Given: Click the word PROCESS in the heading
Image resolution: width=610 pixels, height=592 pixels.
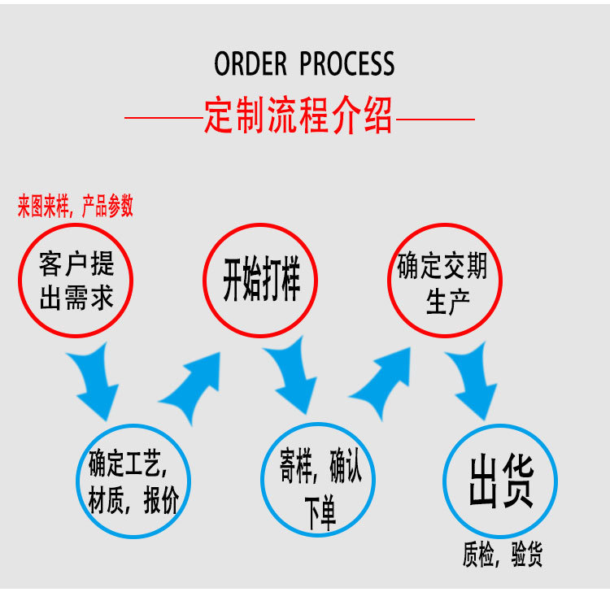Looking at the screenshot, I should [347, 64].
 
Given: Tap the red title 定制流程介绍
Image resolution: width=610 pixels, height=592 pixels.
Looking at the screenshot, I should [298, 117].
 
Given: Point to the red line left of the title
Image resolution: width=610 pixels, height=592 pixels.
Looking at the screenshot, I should [163, 119].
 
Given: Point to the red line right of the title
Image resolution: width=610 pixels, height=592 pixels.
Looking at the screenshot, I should [434, 120].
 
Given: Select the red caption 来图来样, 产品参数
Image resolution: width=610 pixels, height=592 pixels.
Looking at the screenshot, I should [76, 207].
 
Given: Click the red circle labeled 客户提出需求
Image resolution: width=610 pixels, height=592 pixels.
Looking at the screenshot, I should [76, 281].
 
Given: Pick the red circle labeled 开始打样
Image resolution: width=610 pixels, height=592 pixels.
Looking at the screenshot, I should [260, 281].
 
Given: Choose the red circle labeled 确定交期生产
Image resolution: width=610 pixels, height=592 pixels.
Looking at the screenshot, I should [444, 281].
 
